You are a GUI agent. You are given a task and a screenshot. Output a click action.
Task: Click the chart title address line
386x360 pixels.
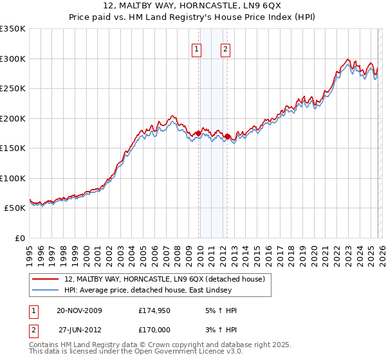pyautogui.click(x=192, y=6)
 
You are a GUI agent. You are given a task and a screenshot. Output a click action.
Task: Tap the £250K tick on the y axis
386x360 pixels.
pyautogui.click(x=12, y=89)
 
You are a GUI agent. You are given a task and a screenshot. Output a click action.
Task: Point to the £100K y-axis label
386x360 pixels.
pyautogui.click(x=12, y=178)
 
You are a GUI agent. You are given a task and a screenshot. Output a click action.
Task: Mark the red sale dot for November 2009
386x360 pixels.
pyautogui.click(x=198, y=133)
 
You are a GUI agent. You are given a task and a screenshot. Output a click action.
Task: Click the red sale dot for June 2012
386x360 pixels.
pyautogui.click(x=228, y=136)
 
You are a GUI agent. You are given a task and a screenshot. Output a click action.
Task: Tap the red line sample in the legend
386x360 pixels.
pyautogui.click(x=46, y=279)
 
